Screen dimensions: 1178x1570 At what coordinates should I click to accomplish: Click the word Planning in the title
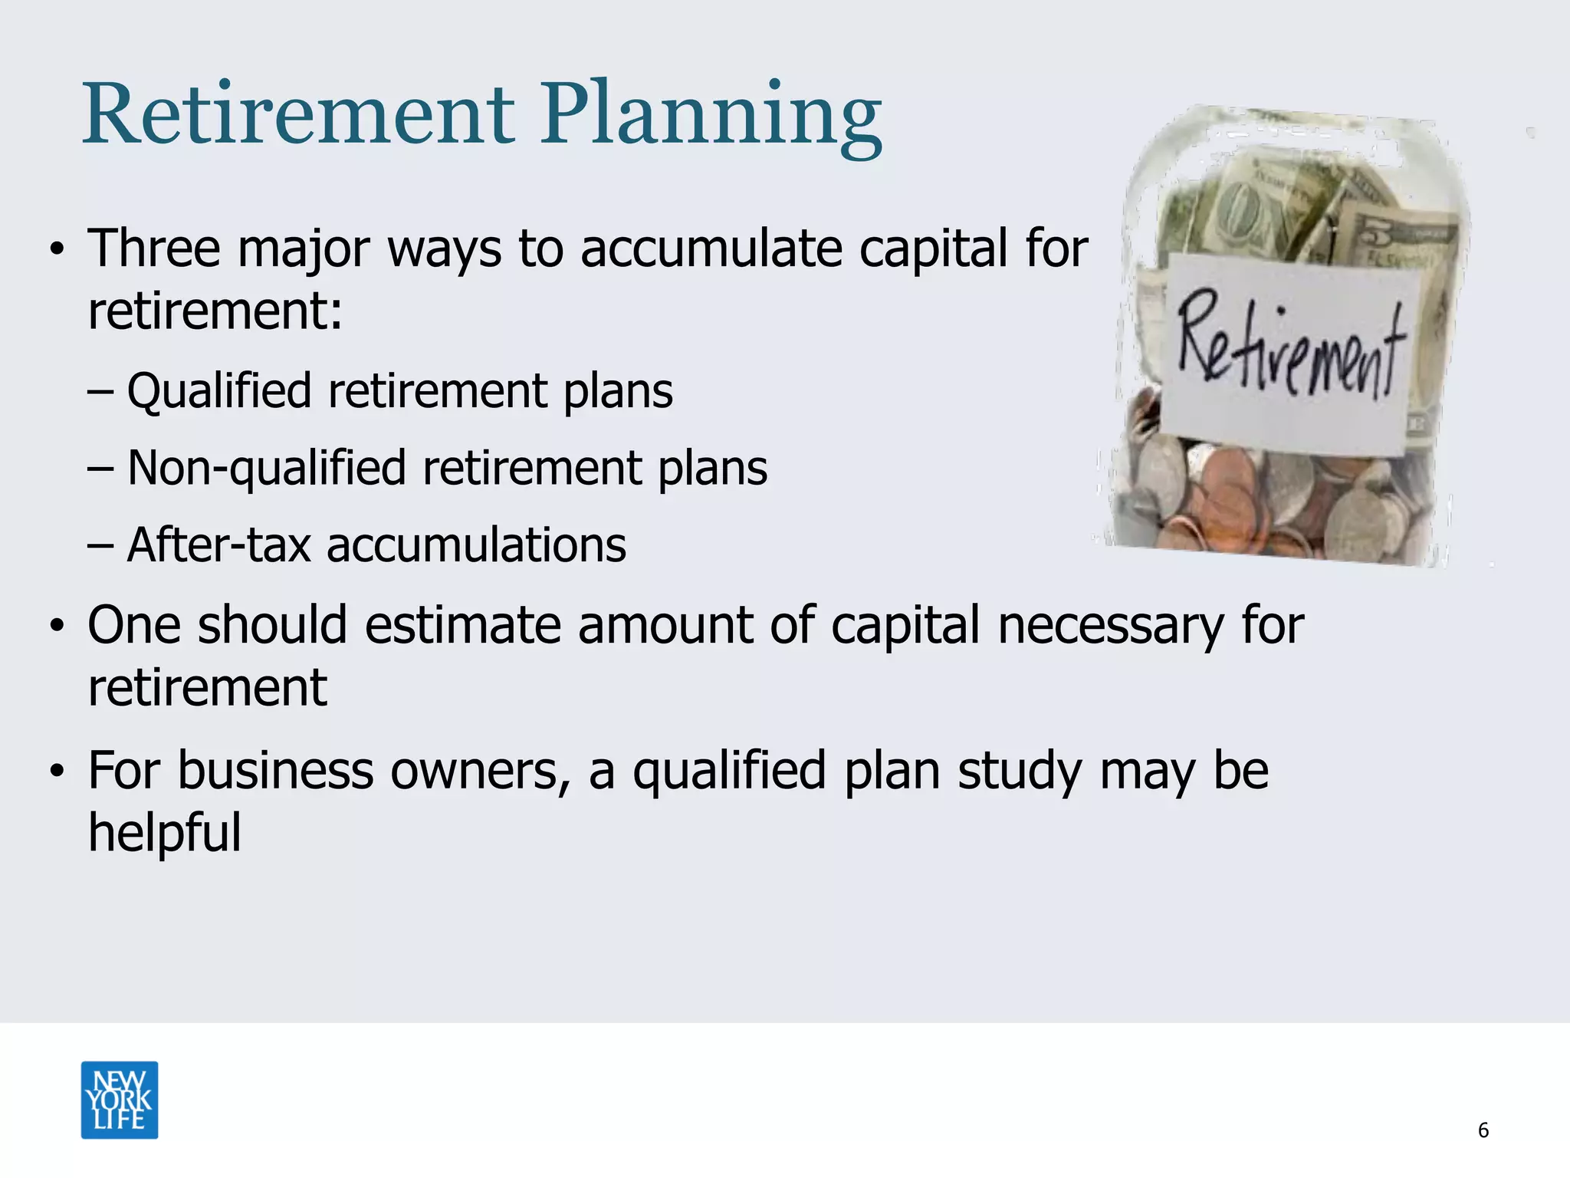pos(711,117)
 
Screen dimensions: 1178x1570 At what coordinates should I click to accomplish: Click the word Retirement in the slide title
pos(299,117)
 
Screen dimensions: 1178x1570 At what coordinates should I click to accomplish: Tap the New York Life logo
pos(120,1100)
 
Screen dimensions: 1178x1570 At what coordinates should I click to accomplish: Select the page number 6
pos(1483,1130)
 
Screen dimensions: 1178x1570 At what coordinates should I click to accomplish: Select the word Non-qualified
pos(265,469)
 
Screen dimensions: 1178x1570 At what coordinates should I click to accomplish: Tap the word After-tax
pos(218,545)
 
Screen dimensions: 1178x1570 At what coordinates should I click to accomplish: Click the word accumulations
pos(476,545)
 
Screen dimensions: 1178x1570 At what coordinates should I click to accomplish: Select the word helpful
pos(164,834)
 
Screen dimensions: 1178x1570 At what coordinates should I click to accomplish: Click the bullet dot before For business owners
pos(57,773)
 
